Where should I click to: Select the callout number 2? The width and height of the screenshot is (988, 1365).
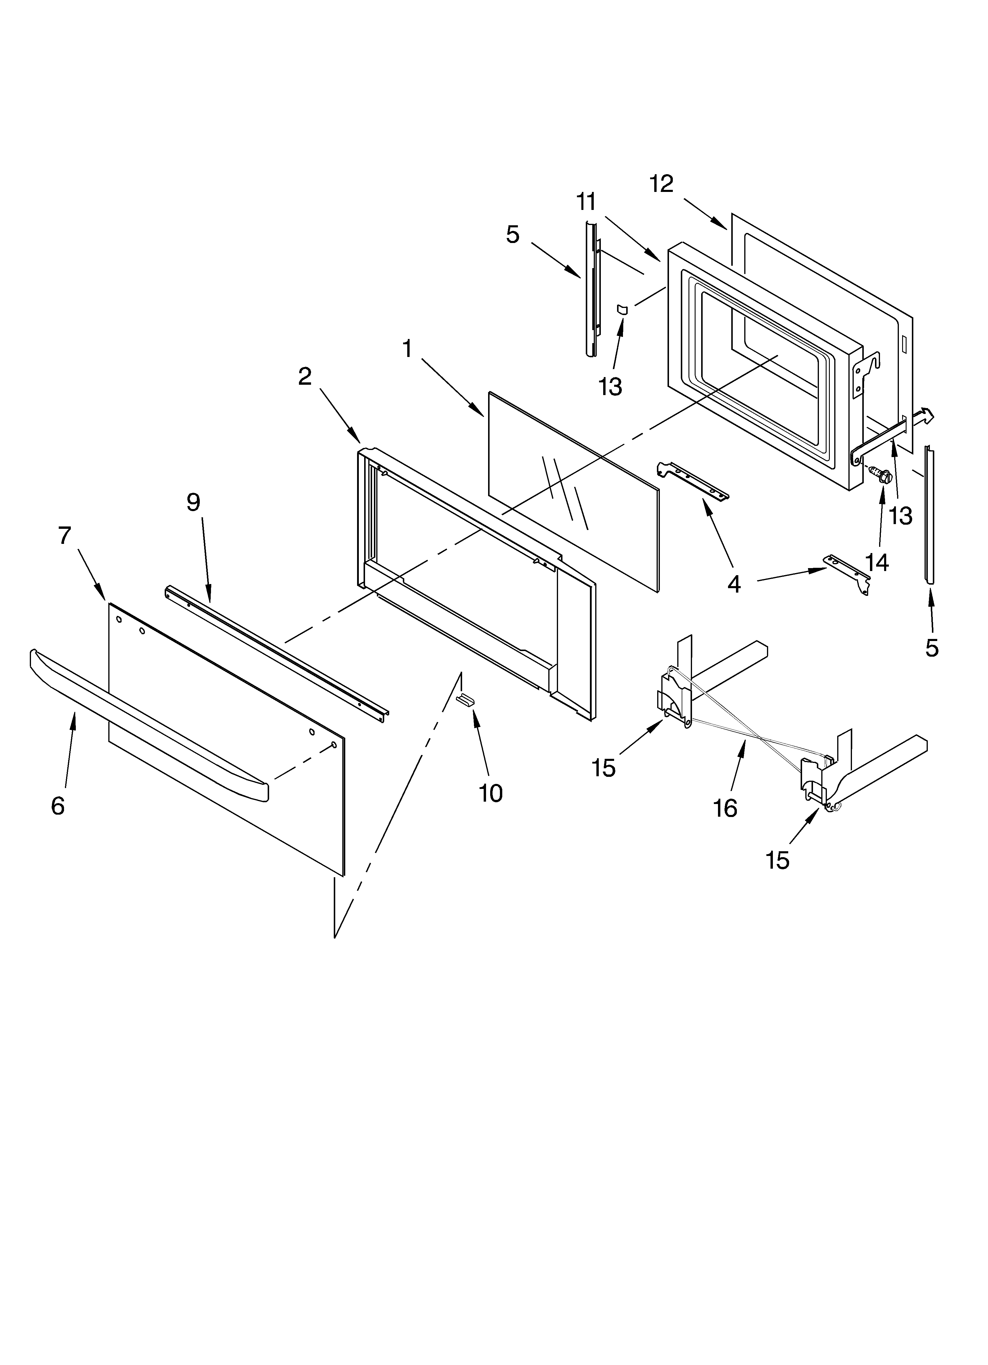point(305,377)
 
